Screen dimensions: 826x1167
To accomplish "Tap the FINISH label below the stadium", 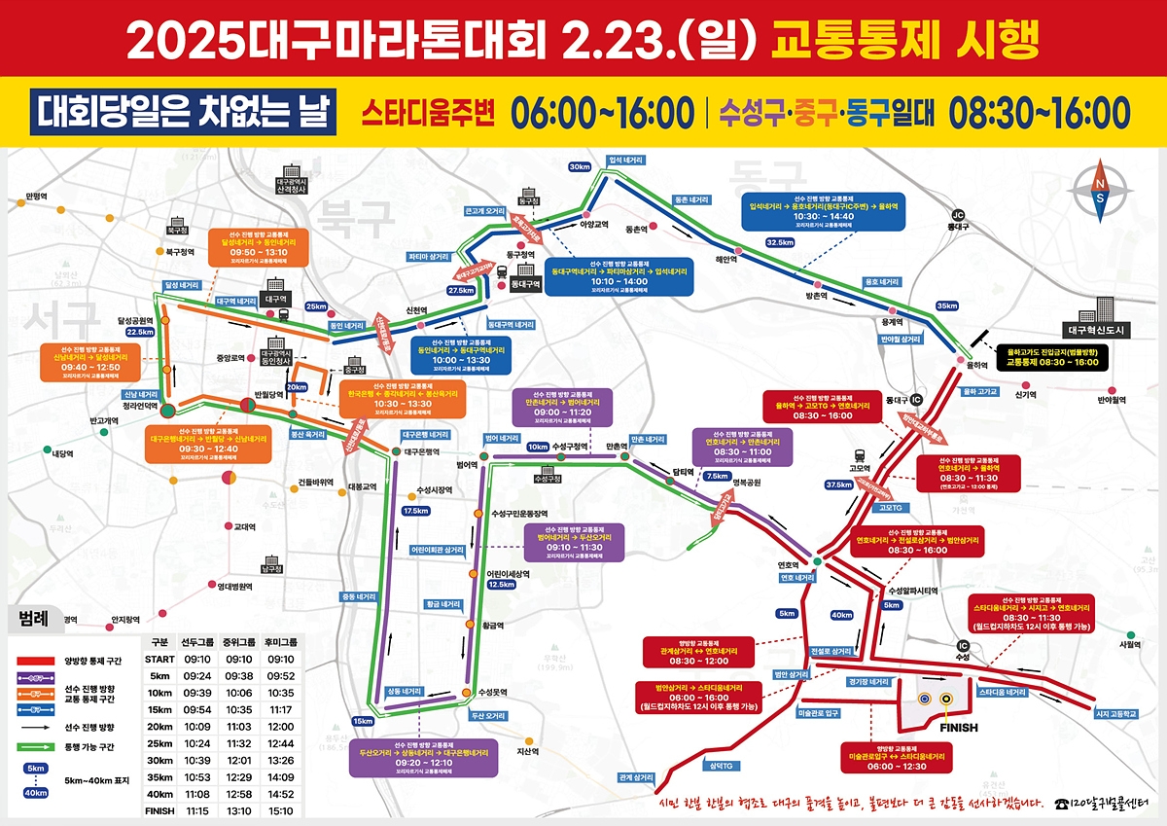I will tap(959, 727).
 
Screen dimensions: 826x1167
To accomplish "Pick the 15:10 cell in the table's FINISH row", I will tap(281, 809).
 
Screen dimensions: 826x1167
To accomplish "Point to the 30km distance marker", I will tap(580, 167).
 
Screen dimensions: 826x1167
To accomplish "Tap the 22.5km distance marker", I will tap(140, 332).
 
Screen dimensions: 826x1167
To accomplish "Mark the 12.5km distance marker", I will tap(501, 585).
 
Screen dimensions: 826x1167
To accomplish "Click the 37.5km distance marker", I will tap(837, 484).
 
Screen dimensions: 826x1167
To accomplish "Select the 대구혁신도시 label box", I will tap(1094, 330).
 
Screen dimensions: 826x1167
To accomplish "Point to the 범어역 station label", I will tap(467, 465).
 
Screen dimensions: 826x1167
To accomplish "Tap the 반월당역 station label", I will tap(266, 394).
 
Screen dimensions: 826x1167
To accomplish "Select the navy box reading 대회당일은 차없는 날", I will tap(184, 112).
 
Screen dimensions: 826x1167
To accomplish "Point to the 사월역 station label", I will tap(1129, 643).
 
